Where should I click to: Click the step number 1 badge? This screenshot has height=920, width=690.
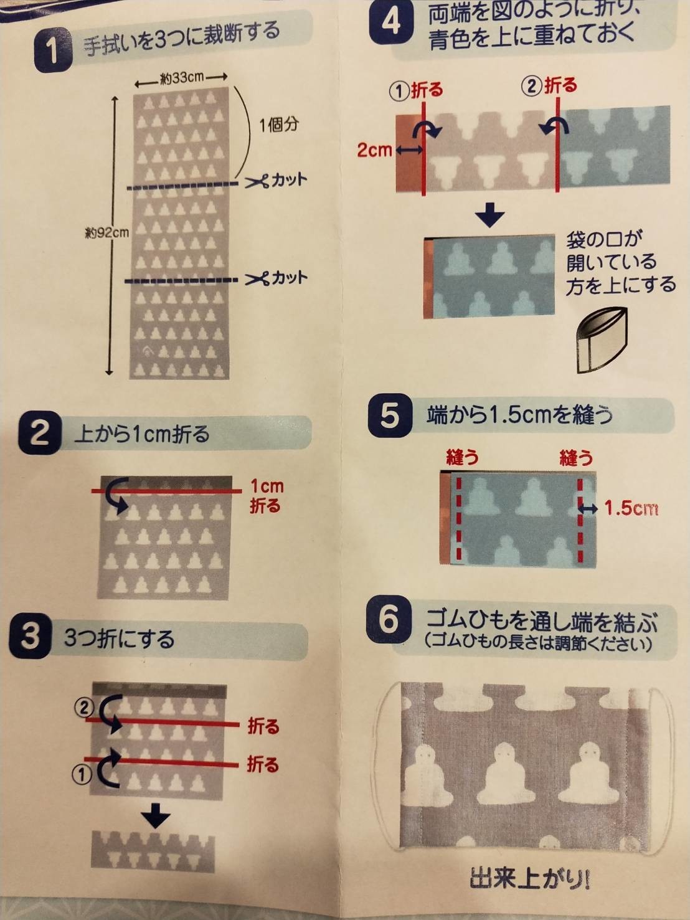(x=52, y=52)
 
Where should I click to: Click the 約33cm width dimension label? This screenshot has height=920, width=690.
(x=181, y=77)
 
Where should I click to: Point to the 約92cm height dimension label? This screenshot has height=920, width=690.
(x=107, y=232)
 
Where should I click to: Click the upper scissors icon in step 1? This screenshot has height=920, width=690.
(x=257, y=181)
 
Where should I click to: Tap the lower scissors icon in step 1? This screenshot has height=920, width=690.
(x=257, y=278)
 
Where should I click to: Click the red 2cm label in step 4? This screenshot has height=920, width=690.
(x=374, y=149)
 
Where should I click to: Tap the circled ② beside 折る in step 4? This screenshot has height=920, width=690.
(x=532, y=87)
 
